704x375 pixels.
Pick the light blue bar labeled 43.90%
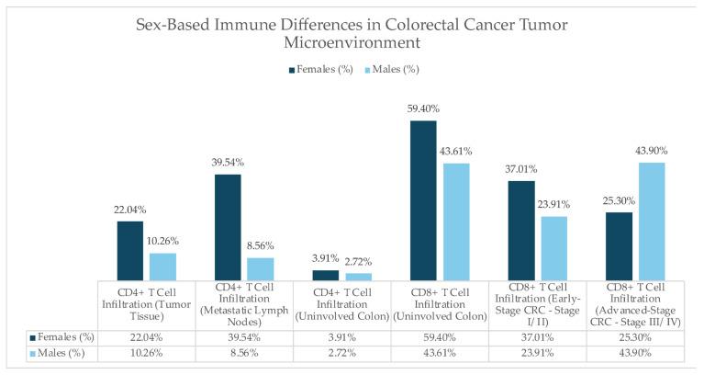click(x=651, y=221)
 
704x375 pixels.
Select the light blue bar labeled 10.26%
click(x=162, y=266)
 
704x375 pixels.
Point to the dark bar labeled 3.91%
click(x=325, y=274)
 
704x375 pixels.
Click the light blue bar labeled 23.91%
click(x=553, y=247)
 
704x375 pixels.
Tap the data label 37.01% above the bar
click(x=521, y=169)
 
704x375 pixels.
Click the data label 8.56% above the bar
click(x=261, y=245)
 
